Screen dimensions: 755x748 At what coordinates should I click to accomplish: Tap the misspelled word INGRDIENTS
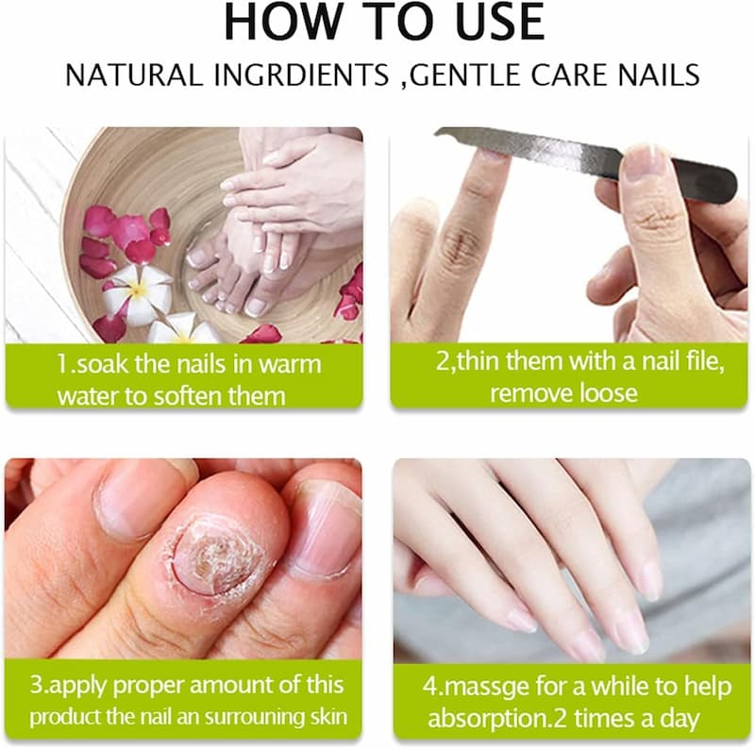click(x=302, y=75)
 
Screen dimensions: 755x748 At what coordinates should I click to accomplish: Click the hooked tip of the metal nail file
click(x=439, y=132)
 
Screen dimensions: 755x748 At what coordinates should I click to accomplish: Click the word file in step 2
click(x=705, y=362)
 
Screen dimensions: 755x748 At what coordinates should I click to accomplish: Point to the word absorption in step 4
click(x=488, y=719)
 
